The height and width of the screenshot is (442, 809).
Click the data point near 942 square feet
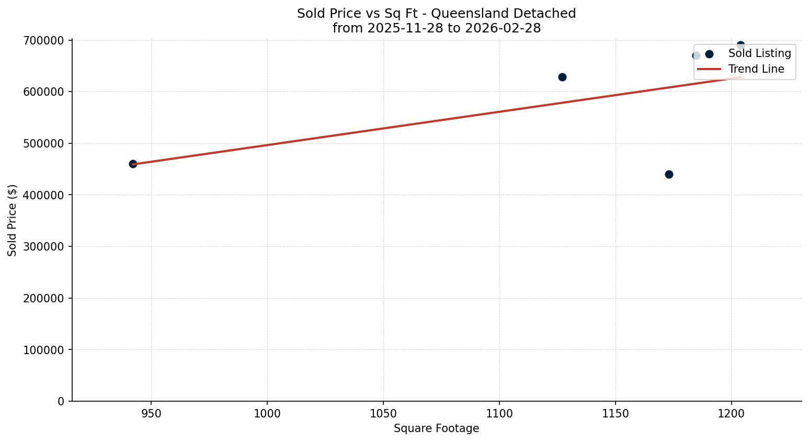[133, 164]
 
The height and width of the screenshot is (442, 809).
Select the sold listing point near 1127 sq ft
[562, 77]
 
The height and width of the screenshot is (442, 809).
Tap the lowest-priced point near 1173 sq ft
[669, 174]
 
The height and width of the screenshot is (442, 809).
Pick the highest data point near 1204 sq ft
[740, 45]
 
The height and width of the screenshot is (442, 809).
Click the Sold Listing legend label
[759, 53]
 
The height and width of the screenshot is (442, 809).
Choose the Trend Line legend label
[756, 69]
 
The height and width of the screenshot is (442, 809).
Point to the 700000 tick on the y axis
[43, 40]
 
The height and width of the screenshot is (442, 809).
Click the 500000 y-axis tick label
[43, 143]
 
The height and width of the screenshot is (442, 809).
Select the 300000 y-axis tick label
[43, 246]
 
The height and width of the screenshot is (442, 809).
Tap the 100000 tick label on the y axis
[43, 349]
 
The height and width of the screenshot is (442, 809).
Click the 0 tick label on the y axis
[61, 401]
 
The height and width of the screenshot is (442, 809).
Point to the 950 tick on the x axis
[151, 414]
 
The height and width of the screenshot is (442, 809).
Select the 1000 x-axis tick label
[267, 414]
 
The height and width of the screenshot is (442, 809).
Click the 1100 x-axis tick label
[499, 414]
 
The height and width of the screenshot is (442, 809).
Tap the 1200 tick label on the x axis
[731, 414]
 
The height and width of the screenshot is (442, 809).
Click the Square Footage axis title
[436, 428]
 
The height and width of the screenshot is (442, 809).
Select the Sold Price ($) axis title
[13, 220]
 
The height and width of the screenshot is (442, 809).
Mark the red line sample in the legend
[709, 69]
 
